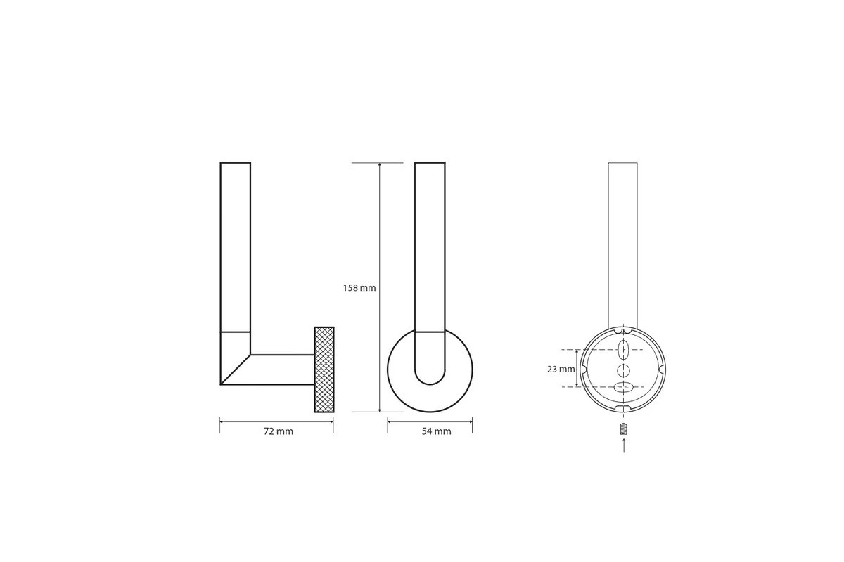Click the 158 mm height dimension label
(359, 288)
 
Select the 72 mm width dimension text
(279, 431)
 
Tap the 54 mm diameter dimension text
(436, 431)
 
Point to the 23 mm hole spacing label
(561, 370)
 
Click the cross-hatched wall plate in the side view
(324, 370)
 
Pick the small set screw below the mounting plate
(624, 429)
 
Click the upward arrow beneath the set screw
(624, 445)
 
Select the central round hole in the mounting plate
(624, 370)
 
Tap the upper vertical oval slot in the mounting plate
(624, 350)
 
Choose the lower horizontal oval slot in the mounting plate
(624, 386)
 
